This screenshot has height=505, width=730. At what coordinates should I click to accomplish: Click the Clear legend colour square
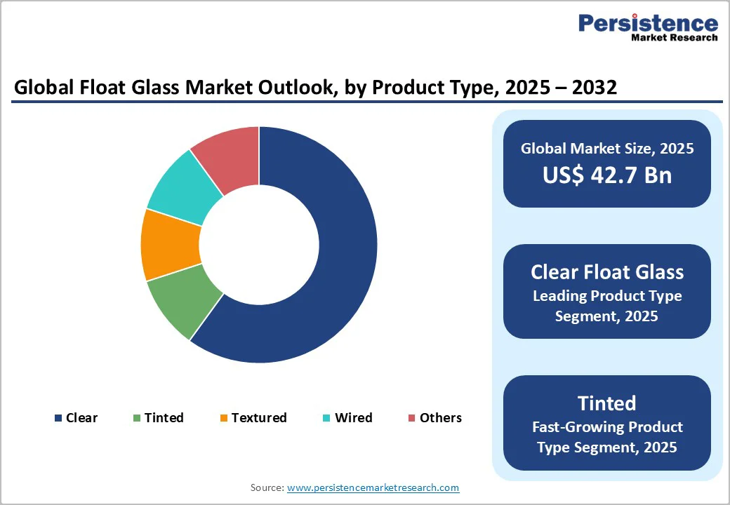point(58,418)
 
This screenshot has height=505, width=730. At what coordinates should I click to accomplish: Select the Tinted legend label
point(164,418)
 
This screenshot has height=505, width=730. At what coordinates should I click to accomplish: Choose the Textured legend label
point(259,418)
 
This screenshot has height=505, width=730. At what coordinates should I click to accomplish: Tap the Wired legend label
point(353,418)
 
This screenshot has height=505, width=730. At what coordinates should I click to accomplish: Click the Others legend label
point(440,418)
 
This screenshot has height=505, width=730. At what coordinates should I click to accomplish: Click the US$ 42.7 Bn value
point(606,175)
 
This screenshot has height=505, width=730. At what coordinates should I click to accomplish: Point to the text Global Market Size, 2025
point(606,149)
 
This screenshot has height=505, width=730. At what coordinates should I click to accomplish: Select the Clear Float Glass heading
point(606,272)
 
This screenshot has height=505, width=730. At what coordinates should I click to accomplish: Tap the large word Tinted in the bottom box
point(606,403)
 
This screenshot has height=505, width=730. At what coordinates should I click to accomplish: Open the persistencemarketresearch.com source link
point(373,487)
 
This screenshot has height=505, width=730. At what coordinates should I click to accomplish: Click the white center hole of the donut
point(259,245)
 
